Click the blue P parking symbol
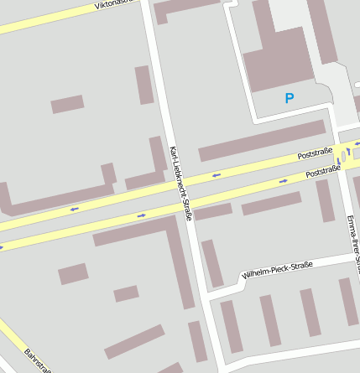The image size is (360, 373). click(290, 98)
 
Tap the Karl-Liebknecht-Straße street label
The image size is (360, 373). click(180, 183)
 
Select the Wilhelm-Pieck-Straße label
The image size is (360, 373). click(276, 271)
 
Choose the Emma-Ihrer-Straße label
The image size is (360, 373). click(352, 243)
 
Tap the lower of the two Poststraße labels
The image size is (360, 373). click(323, 172)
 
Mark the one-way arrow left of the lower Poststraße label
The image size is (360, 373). click(284, 179)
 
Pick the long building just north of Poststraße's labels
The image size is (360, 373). click(261, 140)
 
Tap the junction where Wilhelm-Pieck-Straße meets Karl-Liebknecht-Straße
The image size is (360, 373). click(205, 295)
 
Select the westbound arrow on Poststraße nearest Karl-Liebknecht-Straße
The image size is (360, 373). click(216, 174)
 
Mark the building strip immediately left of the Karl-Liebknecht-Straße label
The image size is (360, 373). click(158, 156)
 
